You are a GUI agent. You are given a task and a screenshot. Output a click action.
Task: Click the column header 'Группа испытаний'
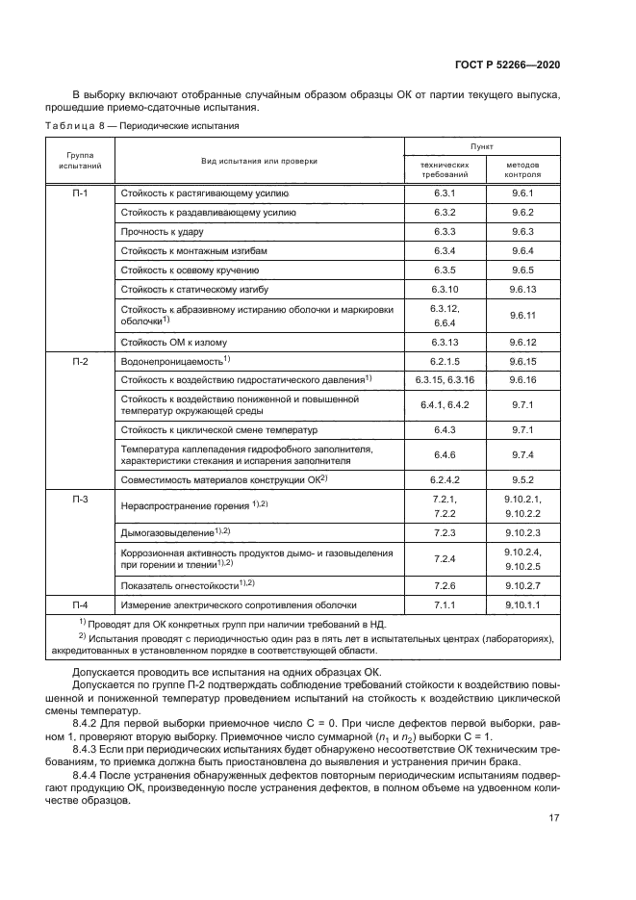(x=80, y=161)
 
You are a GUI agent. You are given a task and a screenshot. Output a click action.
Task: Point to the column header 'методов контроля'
(x=522, y=169)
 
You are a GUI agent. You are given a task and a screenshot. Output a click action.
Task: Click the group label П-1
(x=80, y=193)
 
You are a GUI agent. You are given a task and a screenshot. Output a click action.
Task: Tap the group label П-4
(x=80, y=604)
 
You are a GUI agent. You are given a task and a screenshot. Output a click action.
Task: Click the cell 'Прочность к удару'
(x=162, y=231)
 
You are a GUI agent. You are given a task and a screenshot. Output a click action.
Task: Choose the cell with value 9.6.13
(x=522, y=288)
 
